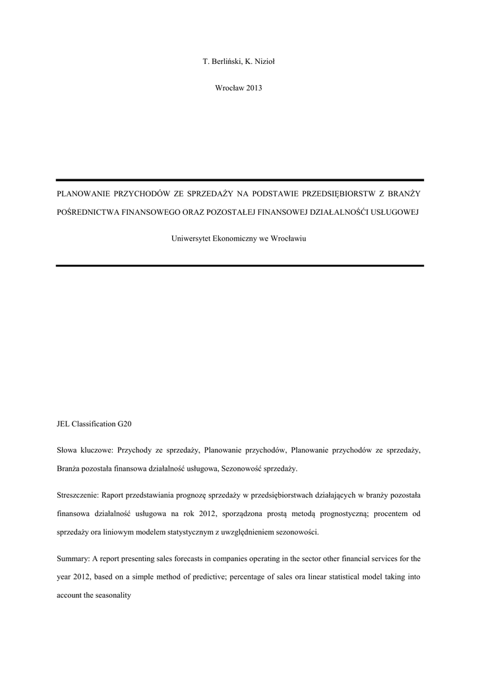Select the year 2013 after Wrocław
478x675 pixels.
pyautogui.click(x=254, y=88)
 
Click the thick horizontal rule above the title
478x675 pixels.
pyautogui.click(x=239, y=179)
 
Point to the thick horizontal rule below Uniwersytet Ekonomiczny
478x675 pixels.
pyautogui.click(x=239, y=265)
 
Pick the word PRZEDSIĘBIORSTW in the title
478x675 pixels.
pyautogui.click(x=340, y=194)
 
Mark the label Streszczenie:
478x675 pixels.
pyautogui.click(x=78, y=495)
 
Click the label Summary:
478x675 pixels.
pyautogui.click(x=73, y=558)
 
